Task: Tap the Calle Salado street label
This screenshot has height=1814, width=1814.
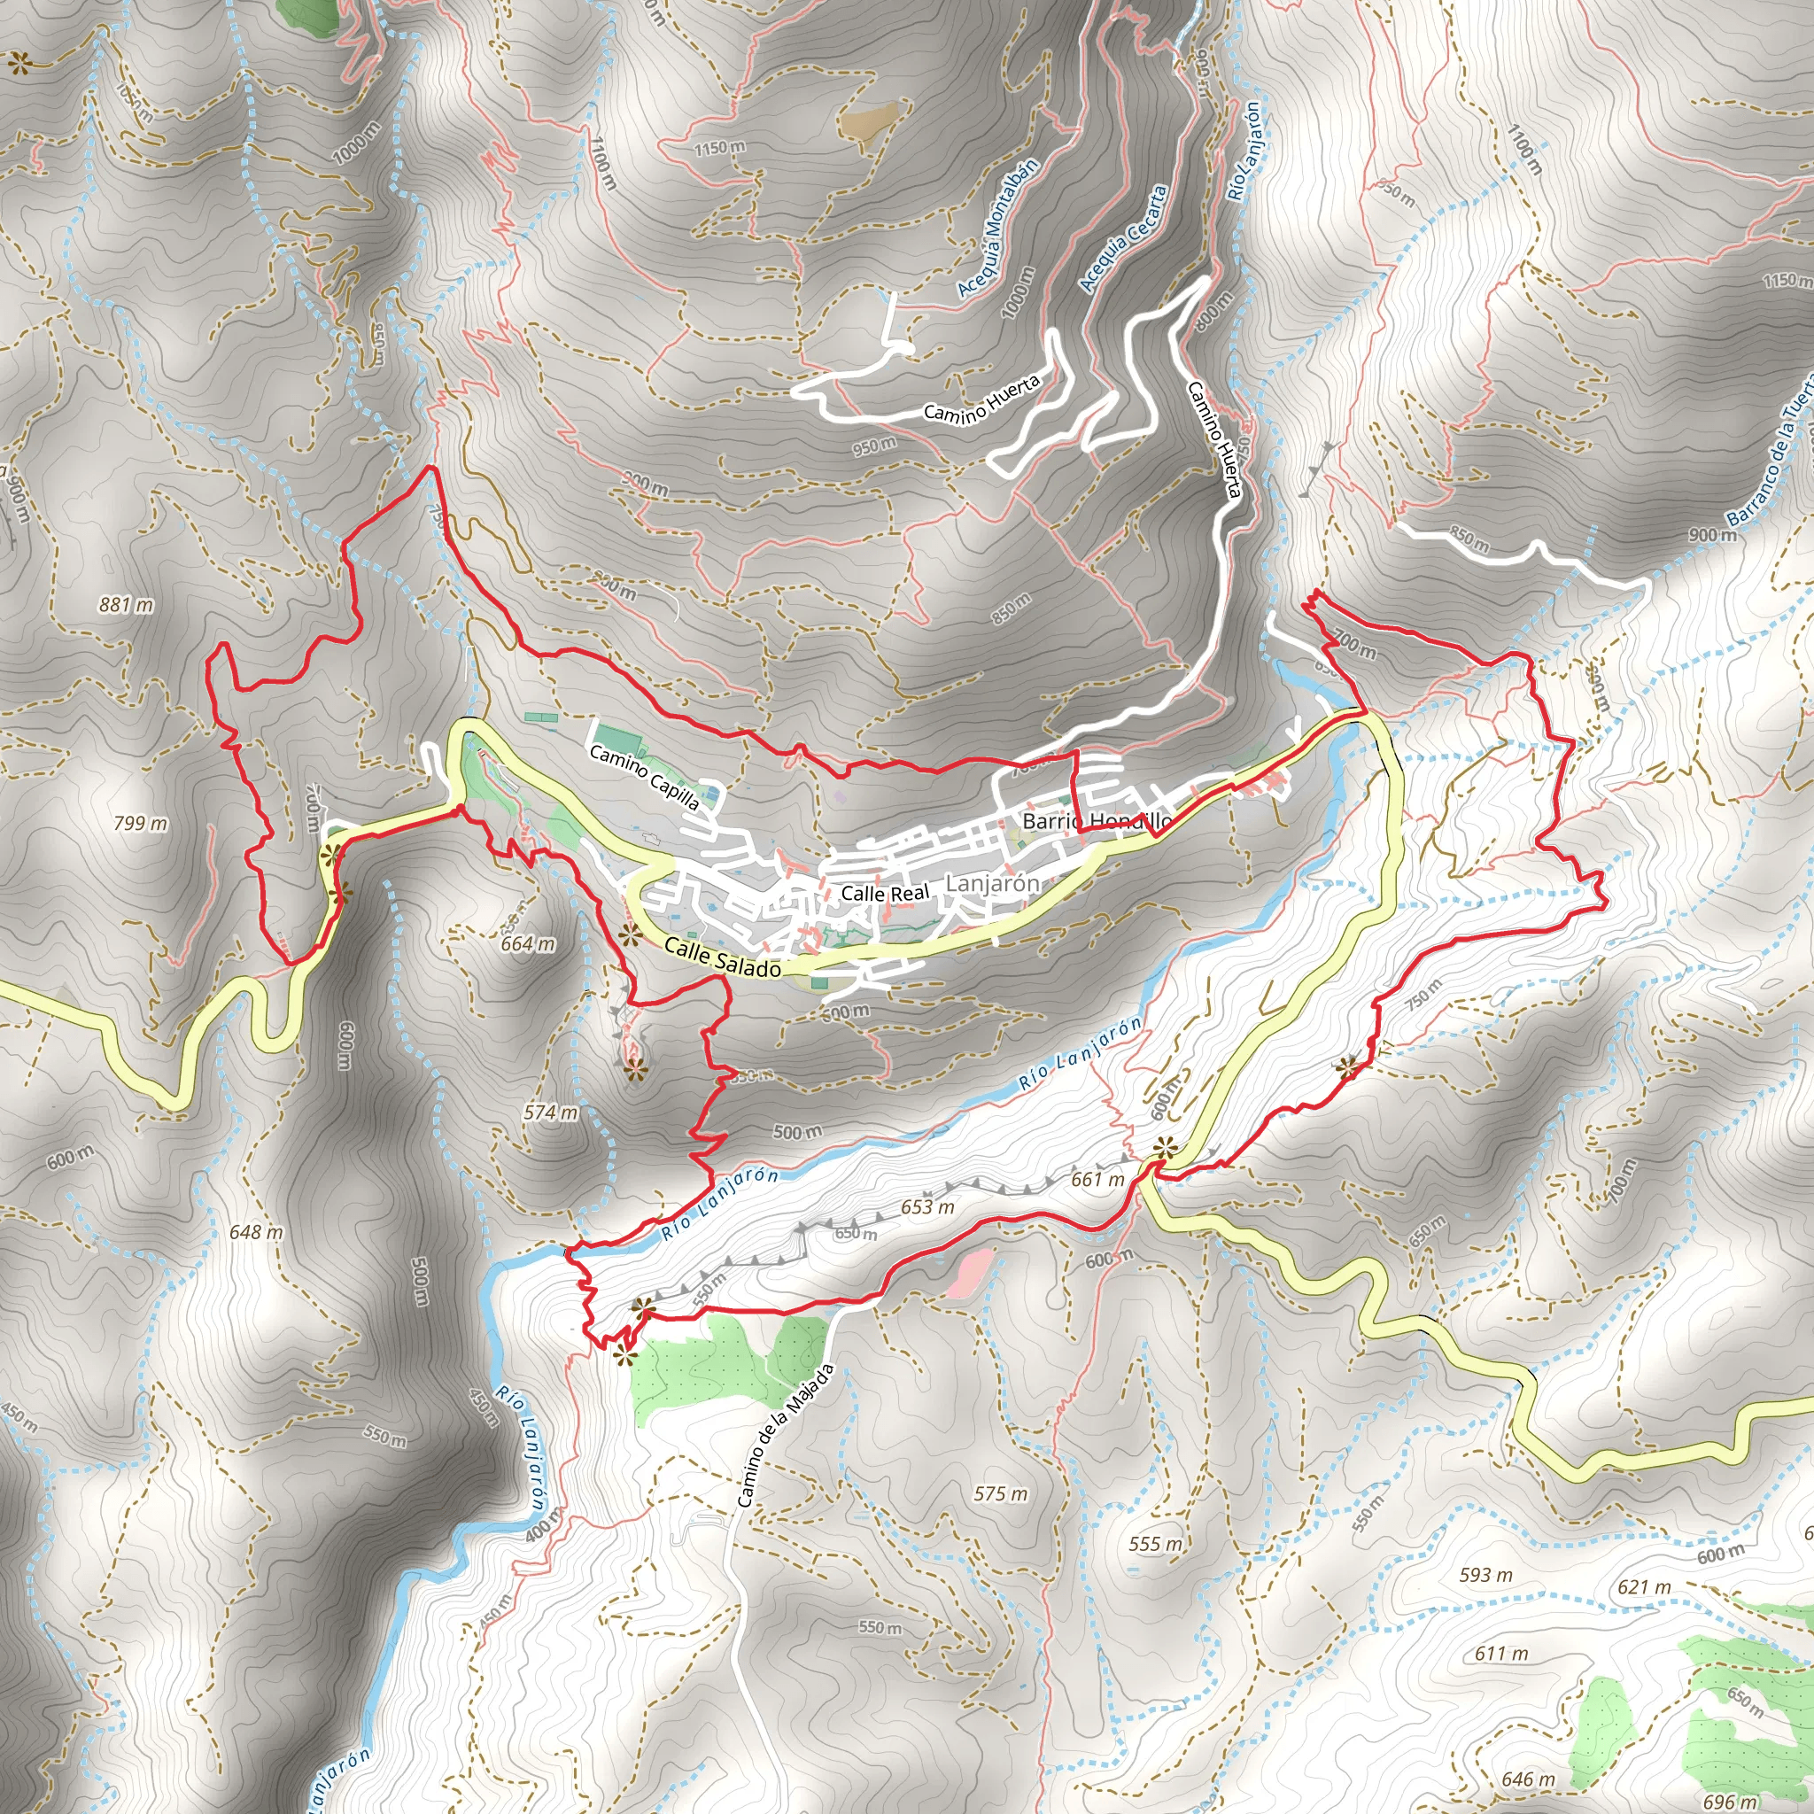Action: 722,957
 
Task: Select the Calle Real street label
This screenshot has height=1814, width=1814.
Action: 885,893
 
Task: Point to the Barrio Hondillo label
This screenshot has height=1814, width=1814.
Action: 1097,822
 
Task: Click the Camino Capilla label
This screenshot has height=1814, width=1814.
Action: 644,778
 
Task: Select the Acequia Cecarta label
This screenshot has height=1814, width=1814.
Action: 1123,238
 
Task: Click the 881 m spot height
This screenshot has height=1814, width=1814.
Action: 126,605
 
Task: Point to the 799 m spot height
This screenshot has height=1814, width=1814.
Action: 141,824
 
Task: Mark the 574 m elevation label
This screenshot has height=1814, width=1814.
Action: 551,1112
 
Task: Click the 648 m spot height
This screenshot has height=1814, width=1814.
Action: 255,1232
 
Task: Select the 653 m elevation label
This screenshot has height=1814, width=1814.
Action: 927,1206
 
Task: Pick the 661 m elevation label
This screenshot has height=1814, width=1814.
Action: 1097,1178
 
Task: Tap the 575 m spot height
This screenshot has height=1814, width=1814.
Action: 1001,1492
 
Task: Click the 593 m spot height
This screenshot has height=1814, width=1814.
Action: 1485,1575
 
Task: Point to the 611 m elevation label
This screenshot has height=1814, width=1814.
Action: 1500,1654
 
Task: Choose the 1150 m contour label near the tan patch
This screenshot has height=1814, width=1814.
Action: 720,147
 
